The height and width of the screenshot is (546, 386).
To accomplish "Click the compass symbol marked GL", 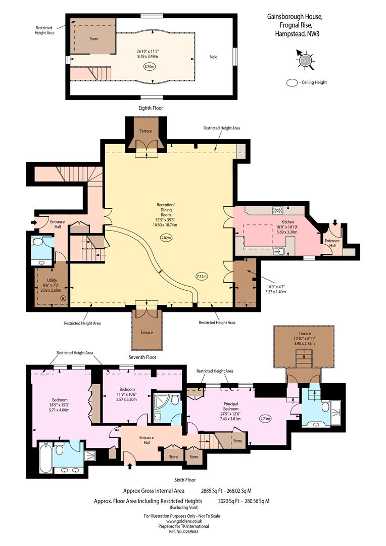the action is click(305, 60).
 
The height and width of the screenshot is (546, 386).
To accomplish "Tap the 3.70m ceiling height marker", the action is click(150, 67).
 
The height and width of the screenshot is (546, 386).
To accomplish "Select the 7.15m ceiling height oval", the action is click(202, 277).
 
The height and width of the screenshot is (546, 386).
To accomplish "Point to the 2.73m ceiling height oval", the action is click(266, 419).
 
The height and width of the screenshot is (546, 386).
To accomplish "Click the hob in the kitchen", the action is click(278, 210).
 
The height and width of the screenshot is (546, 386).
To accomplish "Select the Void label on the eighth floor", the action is click(214, 57).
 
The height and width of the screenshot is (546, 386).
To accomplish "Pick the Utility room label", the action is click(52, 280).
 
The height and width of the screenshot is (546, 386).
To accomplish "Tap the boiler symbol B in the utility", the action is click(63, 298).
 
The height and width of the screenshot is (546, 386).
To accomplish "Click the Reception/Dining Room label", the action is click(166, 210).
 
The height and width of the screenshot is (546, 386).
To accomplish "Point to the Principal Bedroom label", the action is click(231, 406).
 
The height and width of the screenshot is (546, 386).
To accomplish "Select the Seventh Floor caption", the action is click(142, 357).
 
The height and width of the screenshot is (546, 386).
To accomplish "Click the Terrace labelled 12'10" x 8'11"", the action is click(304, 346).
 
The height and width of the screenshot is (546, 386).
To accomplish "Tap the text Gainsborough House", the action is click(295, 16).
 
